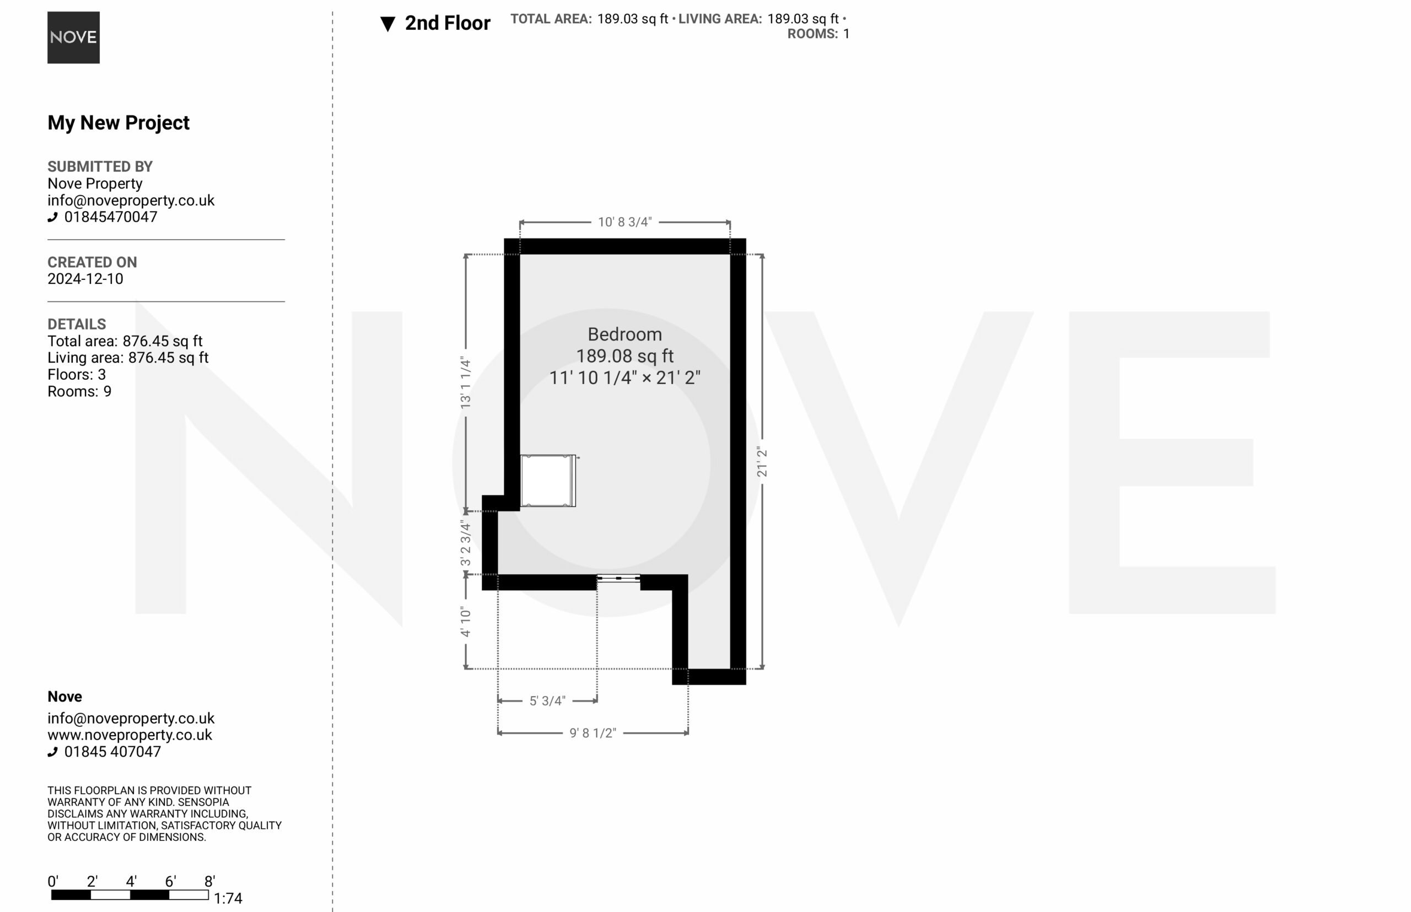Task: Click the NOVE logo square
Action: pos(73,37)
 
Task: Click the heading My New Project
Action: pos(119,122)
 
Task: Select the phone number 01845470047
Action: pos(111,217)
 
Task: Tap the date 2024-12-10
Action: pos(85,279)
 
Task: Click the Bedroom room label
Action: pos(624,334)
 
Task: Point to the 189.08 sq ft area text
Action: pos(624,356)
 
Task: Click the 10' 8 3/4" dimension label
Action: pos(624,222)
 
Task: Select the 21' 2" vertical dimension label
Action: pos(762,462)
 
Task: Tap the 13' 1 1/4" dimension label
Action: pos(466,382)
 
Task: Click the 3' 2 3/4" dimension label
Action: pos(466,542)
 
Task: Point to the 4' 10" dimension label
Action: pos(466,622)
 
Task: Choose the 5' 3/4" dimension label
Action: pos(547,700)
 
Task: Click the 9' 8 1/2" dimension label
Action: pos(593,733)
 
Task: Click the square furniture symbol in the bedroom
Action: pos(548,481)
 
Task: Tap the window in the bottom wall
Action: pos(618,579)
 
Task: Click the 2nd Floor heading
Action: pos(447,23)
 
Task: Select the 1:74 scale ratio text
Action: pos(228,898)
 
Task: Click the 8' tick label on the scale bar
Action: pos(209,881)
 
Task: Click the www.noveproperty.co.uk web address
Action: pos(130,735)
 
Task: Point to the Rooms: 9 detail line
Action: pos(79,391)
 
